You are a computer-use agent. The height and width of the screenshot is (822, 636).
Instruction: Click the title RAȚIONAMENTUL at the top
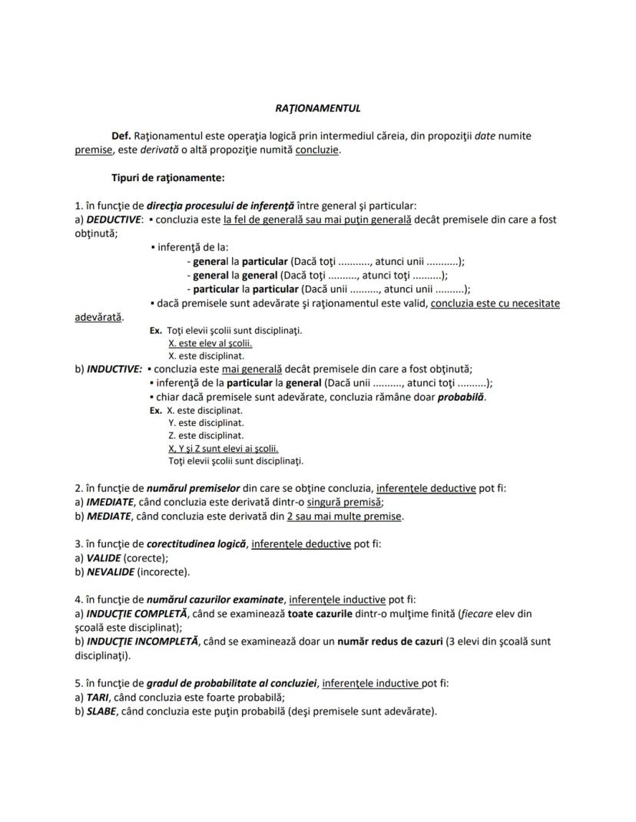(317, 108)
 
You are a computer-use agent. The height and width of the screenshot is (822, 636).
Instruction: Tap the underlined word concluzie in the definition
(316, 150)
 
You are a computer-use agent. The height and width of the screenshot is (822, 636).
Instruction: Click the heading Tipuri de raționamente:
(168, 177)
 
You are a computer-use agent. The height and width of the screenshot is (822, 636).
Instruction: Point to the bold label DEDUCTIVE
(114, 220)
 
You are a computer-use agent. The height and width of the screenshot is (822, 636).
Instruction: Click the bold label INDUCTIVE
(114, 368)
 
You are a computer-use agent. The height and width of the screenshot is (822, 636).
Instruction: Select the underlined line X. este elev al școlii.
(200, 344)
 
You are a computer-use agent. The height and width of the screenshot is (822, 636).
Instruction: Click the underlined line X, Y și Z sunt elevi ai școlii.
(223, 448)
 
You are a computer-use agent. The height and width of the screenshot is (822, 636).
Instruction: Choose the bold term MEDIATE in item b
(110, 516)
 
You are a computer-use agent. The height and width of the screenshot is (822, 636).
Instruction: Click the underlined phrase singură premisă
(344, 502)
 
